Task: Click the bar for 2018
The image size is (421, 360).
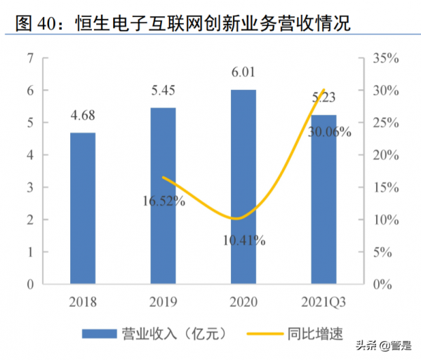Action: (x=83, y=208)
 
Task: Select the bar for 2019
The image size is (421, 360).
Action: (x=163, y=196)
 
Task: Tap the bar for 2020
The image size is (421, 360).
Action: (x=243, y=187)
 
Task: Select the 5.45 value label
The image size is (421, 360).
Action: (x=163, y=91)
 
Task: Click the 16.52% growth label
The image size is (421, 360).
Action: (x=162, y=202)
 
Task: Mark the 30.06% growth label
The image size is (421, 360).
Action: (x=328, y=131)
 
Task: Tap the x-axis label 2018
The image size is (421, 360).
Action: (x=83, y=302)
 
